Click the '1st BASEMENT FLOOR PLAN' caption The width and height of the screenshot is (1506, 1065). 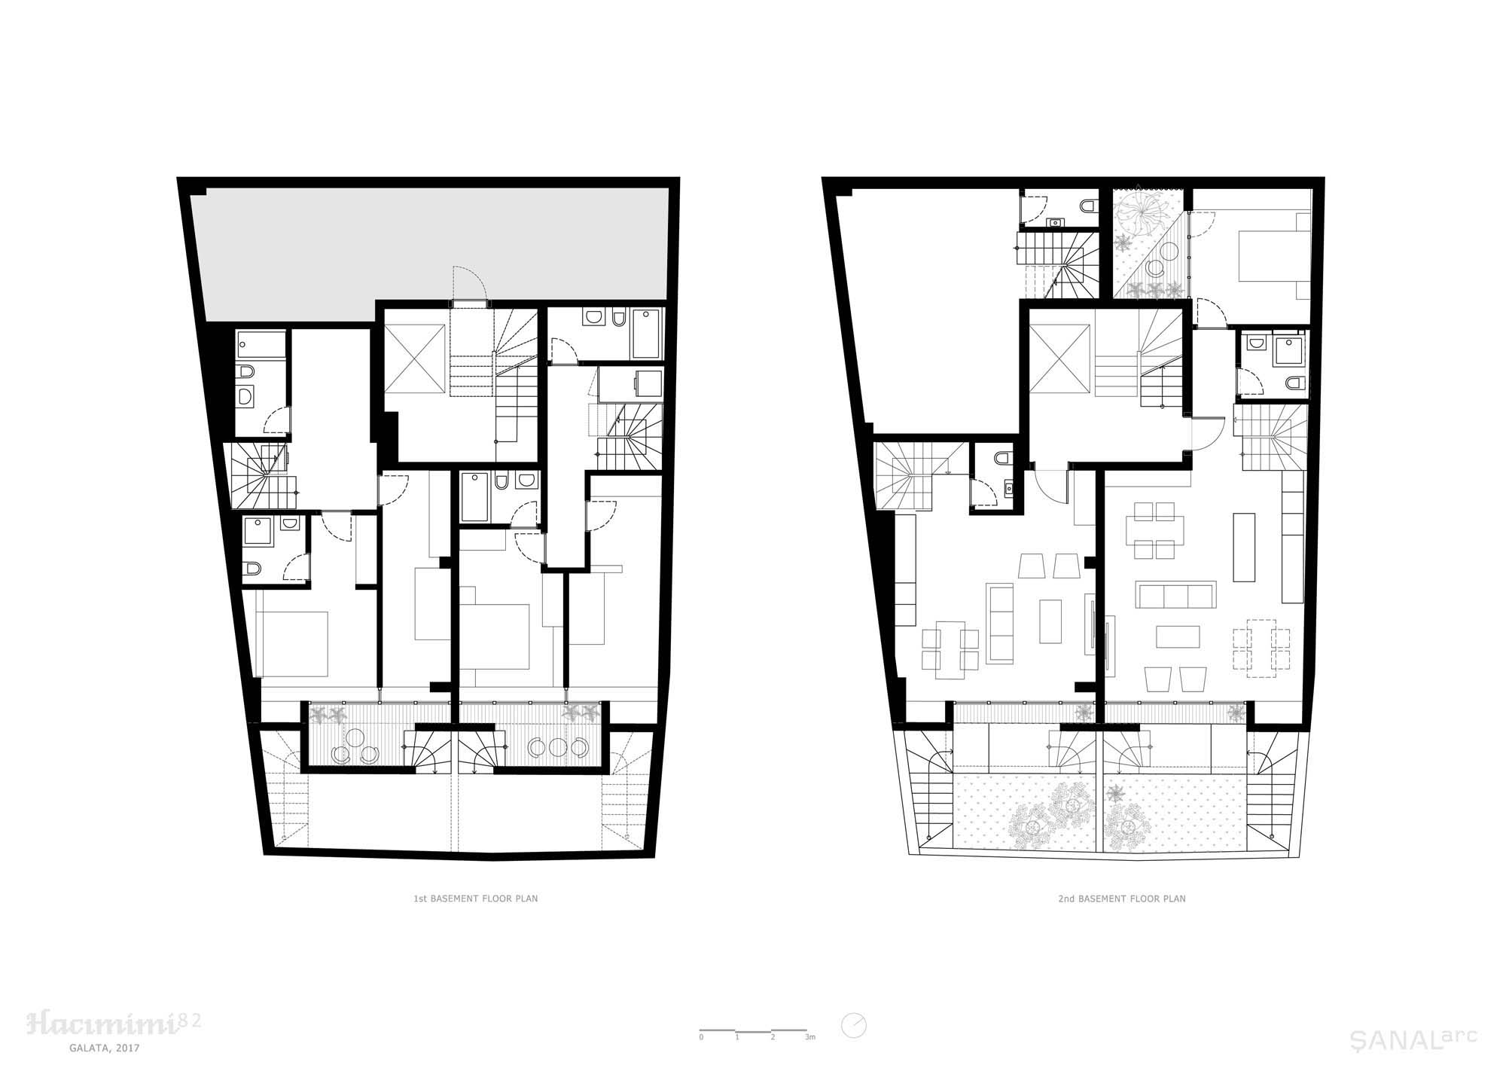tap(475, 899)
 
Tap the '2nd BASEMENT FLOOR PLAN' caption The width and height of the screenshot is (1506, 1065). tap(1122, 899)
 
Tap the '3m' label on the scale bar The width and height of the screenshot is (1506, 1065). tap(810, 1037)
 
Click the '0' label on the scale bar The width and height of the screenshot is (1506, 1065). tap(701, 1037)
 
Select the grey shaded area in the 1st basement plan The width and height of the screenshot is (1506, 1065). tap(429, 249)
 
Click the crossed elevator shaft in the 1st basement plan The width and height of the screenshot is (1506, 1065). tap(416, 360)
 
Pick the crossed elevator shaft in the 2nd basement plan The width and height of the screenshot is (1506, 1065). tap(1059, 359)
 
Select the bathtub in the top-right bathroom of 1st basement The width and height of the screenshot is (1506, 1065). tap(645, 334)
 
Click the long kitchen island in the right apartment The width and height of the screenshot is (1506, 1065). tap(1245, 547)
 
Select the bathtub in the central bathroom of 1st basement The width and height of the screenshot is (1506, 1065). tap(475, 497)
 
